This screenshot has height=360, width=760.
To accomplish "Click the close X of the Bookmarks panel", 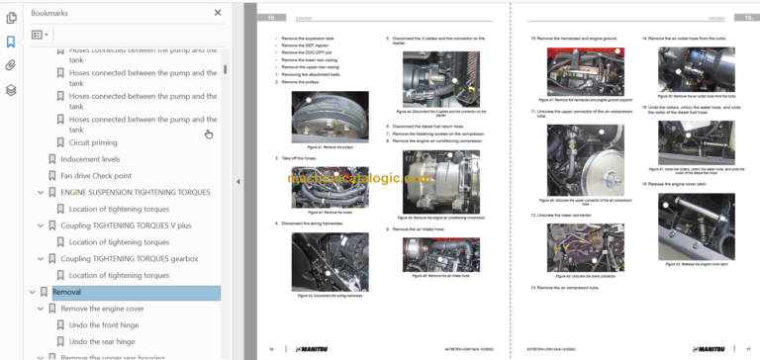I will (217, 14).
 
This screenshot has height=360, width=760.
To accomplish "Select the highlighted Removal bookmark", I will (67, 292).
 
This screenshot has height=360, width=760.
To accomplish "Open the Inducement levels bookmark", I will (90, 158).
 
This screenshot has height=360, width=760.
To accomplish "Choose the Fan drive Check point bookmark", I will (102, 175).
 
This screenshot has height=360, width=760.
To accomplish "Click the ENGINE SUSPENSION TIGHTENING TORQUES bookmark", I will (136, 192).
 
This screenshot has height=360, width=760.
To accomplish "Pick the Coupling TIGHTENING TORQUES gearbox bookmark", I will (129, 259).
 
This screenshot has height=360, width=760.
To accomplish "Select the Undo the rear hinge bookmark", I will (104, 342).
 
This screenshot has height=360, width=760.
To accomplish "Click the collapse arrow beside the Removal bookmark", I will (32, 292).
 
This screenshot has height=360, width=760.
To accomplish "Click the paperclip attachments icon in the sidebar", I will (11, 65).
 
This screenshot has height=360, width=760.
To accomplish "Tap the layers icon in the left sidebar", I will (11, 89).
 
